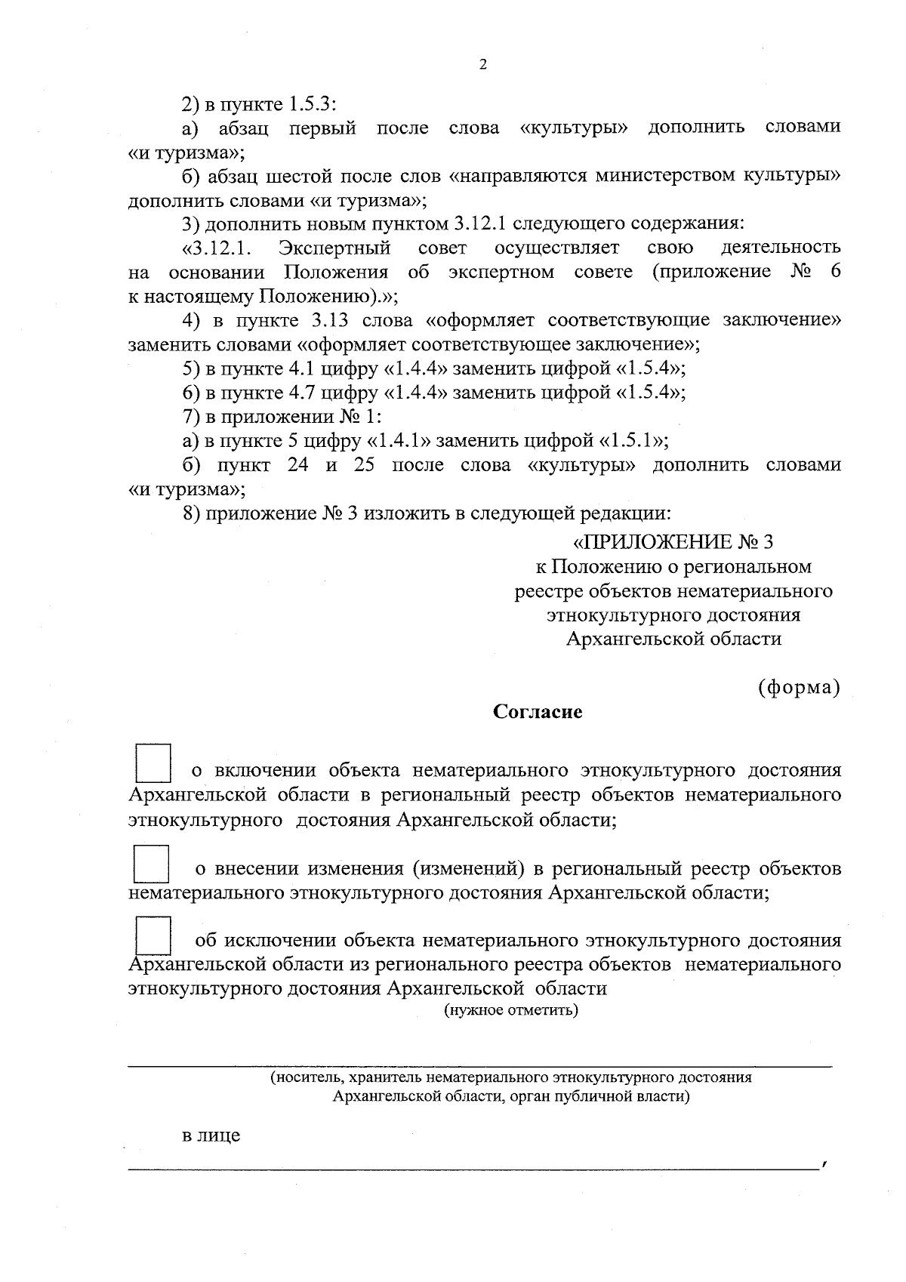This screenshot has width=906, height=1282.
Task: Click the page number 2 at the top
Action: pos(483,65)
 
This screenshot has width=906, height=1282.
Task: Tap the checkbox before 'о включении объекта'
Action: pos(153,763)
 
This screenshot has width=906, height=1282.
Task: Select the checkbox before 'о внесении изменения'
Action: pos(150,864)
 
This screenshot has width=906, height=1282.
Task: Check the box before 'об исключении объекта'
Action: pos(153,935)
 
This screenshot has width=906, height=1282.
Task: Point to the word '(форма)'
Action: pos(799,688)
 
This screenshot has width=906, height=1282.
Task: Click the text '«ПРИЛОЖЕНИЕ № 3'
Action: pos(673,542)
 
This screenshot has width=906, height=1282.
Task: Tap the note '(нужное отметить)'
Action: pos(510,1011)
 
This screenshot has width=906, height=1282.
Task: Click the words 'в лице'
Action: pos(211,1135)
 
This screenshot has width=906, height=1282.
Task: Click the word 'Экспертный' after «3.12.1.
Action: pos(334,248)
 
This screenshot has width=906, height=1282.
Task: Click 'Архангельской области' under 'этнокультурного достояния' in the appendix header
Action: pos(673,639)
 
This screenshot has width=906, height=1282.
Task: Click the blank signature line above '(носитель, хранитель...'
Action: pos(479,1065)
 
